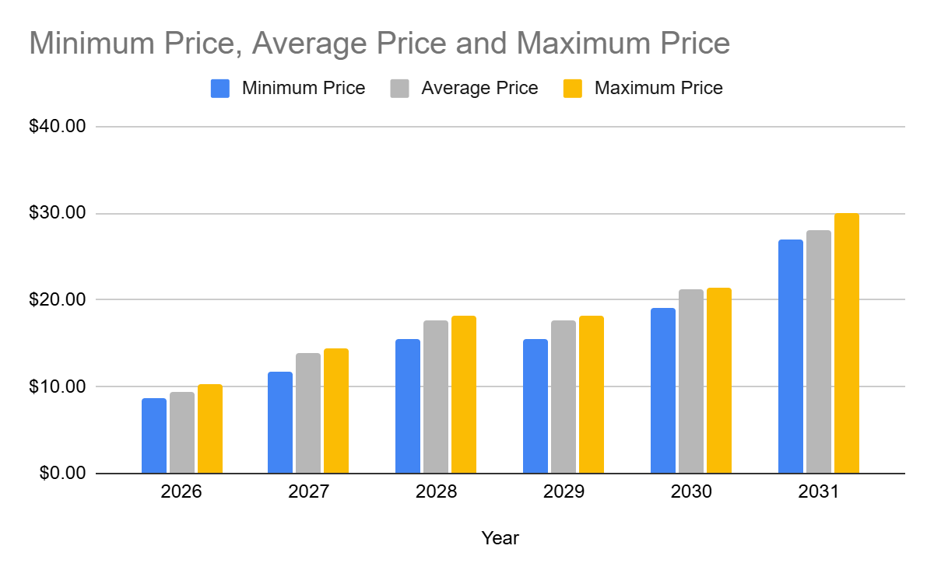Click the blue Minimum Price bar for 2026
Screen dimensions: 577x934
(x=154, y=435)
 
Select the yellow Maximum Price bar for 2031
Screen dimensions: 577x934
(x=847, y=343)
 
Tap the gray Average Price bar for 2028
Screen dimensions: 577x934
(x=436, y=397)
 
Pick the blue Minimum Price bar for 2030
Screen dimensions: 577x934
(x=663, y=390)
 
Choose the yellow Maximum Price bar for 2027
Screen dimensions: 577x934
(x=336, y=411)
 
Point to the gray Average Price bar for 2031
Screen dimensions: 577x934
(x=819, y=351)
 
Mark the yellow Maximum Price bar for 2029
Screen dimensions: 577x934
(x=592, y=394)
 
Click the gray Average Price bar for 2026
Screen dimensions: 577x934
(x=182, y=432)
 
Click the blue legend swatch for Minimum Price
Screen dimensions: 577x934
(x=220, y=89)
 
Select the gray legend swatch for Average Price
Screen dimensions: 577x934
(x=399, y=89)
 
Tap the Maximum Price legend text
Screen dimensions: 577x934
(x=658, y=89)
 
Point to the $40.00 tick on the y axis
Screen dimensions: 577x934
(x=57, y=127)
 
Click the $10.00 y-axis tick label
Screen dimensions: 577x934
(x=57, y=387)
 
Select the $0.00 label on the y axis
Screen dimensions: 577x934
(x=61, y=474)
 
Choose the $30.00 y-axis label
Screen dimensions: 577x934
(x=57, y=214)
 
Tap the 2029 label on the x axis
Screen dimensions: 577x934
(x=564, y=492)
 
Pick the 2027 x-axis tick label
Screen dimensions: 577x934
(x=308, y=492)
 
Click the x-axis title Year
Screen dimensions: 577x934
(x=500, y=538)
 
